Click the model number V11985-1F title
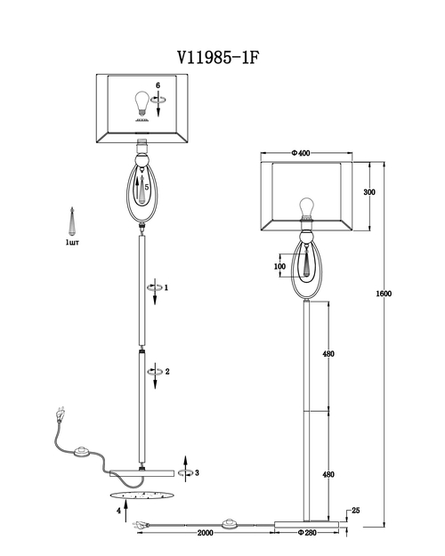tap(218, 58)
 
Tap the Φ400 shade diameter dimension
tap(301, 153)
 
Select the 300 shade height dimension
tap(369, 192)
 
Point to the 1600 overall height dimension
tap(384, 294)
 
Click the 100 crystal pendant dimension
tap(279, 266)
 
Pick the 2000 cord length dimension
tap(205, 533)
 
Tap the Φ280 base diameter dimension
tap(307, 533)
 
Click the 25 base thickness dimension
tap(356, 511)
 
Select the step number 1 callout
tap(166, 287)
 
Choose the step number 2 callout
tap(167, 372)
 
